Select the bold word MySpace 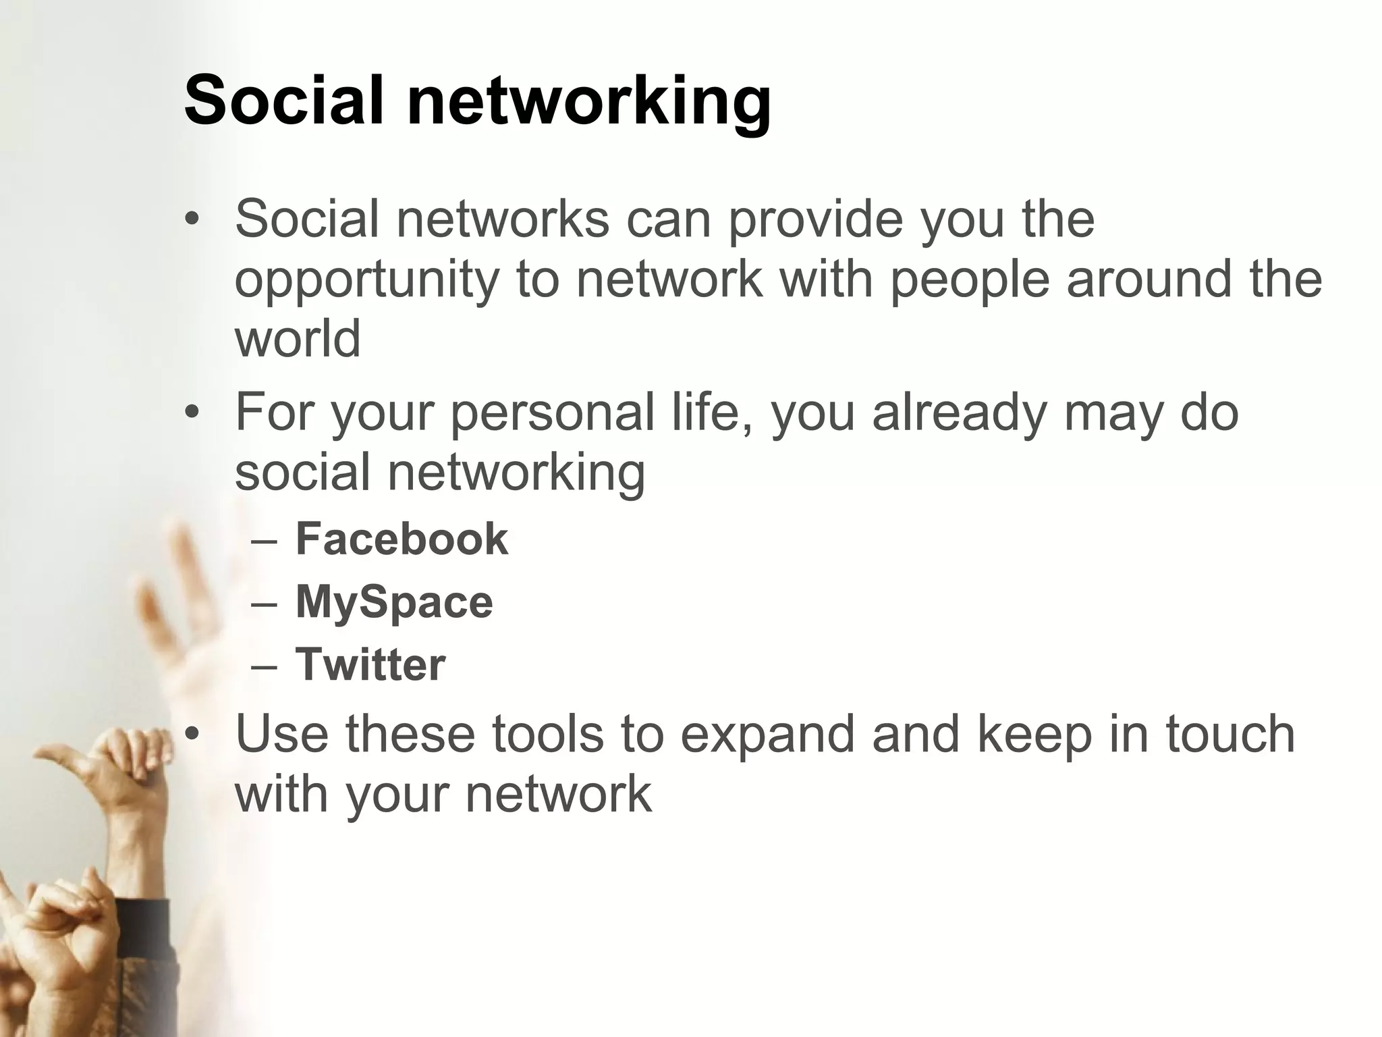coord(394,602)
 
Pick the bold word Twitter coord(370,664)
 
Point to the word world coord(298,339)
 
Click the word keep coord(1033,736)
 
